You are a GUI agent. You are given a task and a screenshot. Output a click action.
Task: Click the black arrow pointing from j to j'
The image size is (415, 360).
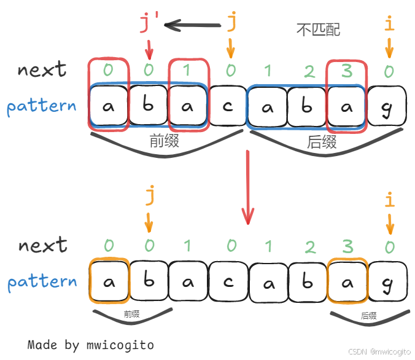click(192, 26)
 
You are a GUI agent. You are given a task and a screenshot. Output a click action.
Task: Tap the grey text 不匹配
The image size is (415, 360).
click(318, 29)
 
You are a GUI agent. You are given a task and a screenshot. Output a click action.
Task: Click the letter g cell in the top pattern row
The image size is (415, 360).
click(387, 106)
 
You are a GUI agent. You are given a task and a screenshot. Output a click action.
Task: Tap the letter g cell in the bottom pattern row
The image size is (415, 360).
click(387, 281)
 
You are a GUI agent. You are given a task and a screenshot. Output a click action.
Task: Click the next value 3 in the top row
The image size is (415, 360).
click(347, 71)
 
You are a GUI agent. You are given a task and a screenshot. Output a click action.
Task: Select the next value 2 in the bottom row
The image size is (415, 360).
click(309, 247)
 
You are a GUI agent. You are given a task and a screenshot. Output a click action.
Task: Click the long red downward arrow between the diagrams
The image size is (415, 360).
click(247, 187)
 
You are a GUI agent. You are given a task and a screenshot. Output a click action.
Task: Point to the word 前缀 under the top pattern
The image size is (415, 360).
click(164, 141)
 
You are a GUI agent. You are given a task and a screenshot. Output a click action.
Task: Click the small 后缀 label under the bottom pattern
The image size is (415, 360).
click(368, 316)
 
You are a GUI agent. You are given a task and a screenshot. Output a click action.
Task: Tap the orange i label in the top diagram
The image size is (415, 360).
click(388, 25)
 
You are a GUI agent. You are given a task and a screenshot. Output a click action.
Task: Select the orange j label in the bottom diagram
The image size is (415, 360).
click(149, 197)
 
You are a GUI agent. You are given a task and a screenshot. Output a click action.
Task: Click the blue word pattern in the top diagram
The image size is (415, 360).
click(42, 106)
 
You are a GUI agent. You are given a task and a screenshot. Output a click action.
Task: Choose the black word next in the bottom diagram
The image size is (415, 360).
click(42, 246)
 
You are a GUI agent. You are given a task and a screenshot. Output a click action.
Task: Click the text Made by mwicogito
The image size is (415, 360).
click(91, 345)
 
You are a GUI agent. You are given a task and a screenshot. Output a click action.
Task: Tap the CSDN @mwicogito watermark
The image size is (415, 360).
click(379, 351)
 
